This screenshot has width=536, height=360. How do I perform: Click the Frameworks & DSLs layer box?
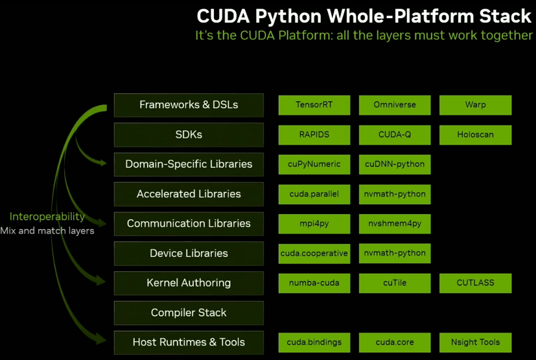click(189, 105)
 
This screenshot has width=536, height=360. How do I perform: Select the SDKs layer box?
click(189, 135)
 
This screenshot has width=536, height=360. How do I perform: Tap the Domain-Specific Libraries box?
click(189, 164)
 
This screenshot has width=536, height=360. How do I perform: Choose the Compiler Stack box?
click(189, 313)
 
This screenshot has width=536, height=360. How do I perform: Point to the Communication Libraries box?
click(189, 224)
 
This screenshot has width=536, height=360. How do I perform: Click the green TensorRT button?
click(314, 105)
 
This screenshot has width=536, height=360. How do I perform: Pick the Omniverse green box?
click(395, 105)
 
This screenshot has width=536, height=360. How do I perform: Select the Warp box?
click(475, 105)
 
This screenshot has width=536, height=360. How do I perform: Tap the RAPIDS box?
click(314, 135)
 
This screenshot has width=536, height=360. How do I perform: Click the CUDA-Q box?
click(395, 135)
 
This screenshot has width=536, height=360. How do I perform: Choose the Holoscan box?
click(475, 135)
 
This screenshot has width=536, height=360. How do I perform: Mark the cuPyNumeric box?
click(314, 165)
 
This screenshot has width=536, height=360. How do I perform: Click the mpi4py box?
click(314, 224)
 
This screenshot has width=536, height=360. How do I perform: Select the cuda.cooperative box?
click(314, 254)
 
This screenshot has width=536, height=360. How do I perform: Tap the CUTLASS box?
click(475, 283)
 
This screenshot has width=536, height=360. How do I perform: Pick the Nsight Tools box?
click(475, 342)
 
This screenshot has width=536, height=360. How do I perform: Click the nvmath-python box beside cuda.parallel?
click(395, 194)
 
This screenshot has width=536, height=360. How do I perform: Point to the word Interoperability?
click(47, 217)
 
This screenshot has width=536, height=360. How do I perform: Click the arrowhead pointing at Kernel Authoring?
click(101, 281)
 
